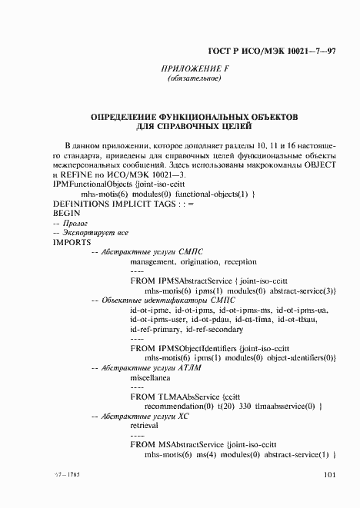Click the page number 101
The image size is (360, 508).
(330, 476)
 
